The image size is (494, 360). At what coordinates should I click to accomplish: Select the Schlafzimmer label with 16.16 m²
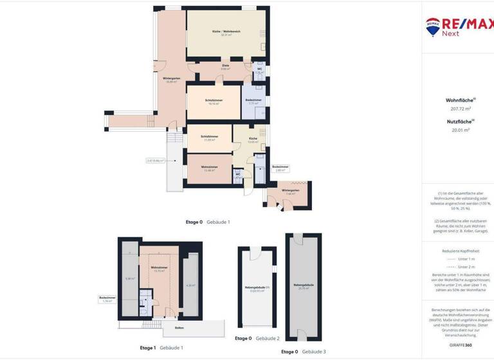click(214, 102)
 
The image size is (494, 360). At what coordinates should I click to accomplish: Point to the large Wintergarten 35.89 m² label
click(171, 80)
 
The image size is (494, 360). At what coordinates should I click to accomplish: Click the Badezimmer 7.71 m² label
click(253, 102)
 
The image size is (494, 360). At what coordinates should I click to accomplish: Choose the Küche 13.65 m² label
click(253, 139)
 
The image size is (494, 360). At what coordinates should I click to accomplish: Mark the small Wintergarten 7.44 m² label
click(291, 192)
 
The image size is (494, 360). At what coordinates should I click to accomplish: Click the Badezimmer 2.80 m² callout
click(280, 169)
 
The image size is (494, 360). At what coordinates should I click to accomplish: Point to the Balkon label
click(179, 328)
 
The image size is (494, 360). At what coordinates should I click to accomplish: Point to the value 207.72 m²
click(461, 109)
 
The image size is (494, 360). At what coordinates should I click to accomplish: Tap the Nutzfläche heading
click(459, 121)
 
